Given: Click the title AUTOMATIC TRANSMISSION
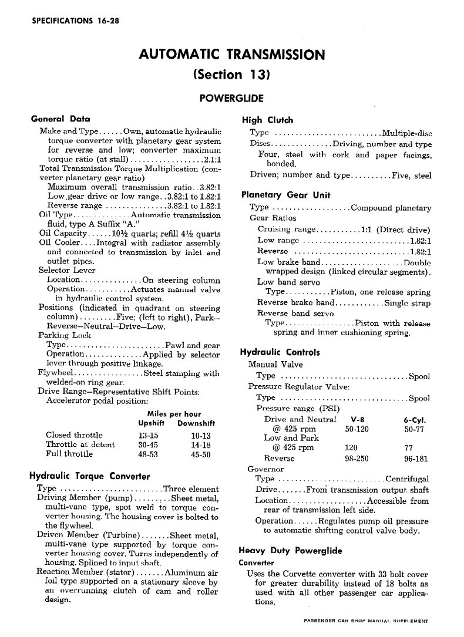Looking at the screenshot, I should [x=232, y=55].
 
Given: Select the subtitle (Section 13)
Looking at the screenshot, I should [x=231, y=75].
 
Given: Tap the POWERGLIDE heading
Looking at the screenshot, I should [x=232, y=98].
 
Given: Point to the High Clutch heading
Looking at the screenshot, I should [x=267, y=120].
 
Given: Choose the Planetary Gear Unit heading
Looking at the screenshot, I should [x=286, y=195].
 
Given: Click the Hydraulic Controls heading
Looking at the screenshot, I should [x=280, y=353].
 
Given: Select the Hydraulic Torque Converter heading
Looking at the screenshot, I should [x=89, y=476].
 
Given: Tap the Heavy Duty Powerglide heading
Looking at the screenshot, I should [x=290, y=551].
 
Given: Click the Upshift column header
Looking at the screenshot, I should [x=151, y=423].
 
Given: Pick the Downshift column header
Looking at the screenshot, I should [x=196, y=423].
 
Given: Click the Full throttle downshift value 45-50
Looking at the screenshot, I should [x=201, y=454].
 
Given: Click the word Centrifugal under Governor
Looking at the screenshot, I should [x=407, y=478].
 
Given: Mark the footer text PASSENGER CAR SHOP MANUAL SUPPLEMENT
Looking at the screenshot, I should [x=362, y=620].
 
